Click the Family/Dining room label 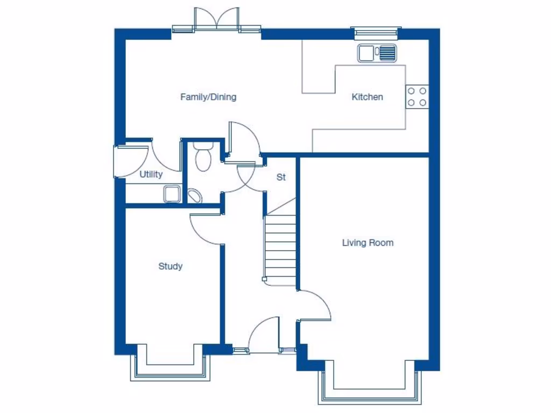[208, 97]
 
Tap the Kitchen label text [367, 97]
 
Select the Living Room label [368, 243]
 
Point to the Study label [170, 266]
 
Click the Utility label [151, 175]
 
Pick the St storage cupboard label [281, 177]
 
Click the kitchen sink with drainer [377, 53]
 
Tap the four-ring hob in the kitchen [417, 97]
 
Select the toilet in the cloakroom [203, 156]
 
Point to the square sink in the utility [172, 194]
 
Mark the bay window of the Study [169, 366]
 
